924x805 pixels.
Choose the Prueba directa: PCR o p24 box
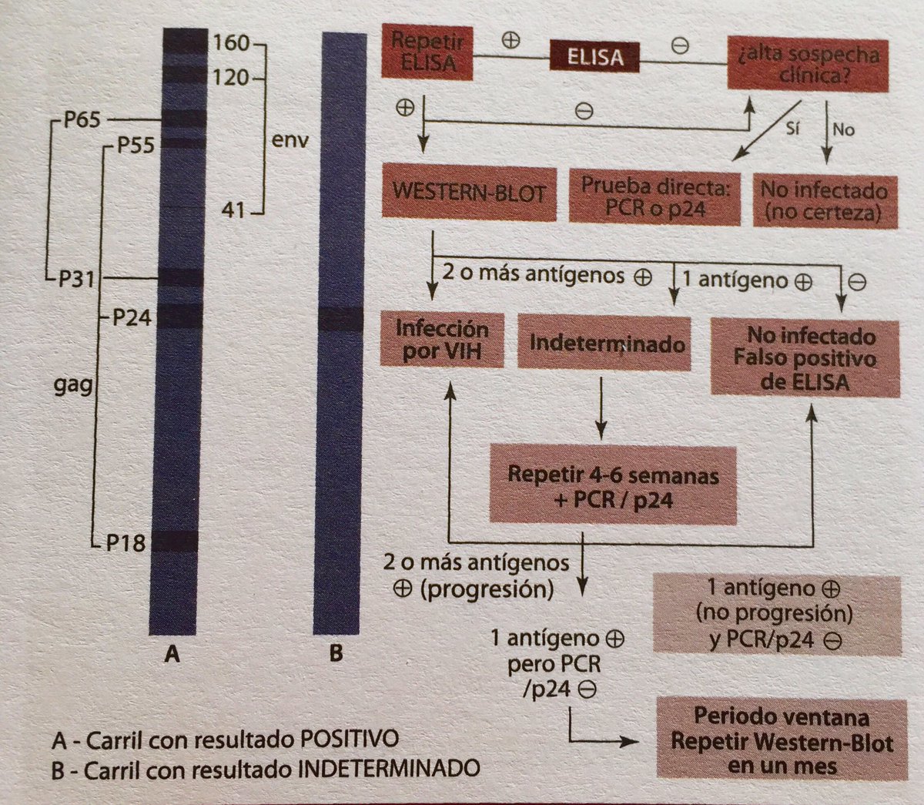tap(654, 197)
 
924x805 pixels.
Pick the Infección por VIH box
tap(442, 340)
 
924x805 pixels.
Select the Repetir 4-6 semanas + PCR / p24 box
tap(612, 486)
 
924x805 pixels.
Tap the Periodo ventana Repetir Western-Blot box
tap(782, 740)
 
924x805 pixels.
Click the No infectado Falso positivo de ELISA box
tap(805, 358)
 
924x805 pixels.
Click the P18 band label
tap(126, 544)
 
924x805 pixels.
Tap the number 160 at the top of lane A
tap(231, 42)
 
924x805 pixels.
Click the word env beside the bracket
tap(290, 142)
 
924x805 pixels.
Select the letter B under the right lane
tap(336, 655)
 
